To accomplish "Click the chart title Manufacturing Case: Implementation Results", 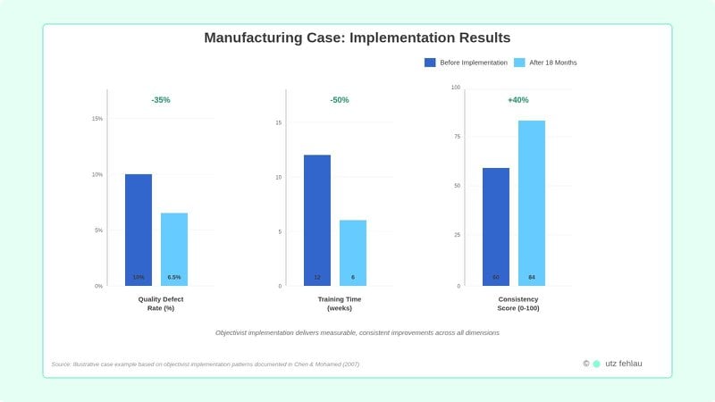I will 357,38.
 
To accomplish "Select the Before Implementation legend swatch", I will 430,63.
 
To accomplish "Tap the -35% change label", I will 161,100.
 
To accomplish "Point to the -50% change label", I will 340,100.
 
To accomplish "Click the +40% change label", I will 518,100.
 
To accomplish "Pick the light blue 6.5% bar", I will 174,249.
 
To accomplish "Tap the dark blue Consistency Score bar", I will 496,227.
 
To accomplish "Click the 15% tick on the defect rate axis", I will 97,119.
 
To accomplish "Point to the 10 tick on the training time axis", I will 278,177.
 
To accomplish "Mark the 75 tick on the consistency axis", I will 456,137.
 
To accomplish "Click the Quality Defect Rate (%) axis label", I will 161,304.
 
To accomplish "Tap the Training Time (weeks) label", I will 340,304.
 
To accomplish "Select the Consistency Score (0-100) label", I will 518,304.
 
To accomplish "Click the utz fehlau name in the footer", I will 624,364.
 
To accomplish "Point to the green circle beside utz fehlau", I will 596,364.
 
